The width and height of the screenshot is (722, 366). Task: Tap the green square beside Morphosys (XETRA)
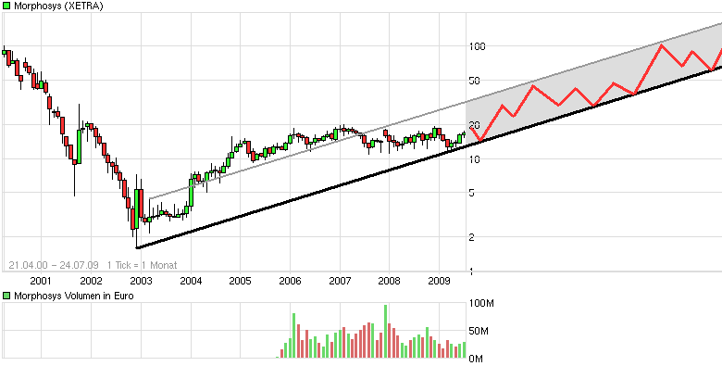click(6, 6)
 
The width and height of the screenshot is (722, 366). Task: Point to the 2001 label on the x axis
click(40, 280)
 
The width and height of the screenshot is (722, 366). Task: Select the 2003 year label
click(140, 280)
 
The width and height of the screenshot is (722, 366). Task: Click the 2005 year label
click(240, 280)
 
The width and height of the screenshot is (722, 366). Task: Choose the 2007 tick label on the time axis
click(340, 280)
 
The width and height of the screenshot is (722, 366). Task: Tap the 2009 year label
click(440, 280)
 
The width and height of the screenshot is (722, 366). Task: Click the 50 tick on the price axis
click(475, 81)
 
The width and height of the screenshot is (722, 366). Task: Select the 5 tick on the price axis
click(472, 193)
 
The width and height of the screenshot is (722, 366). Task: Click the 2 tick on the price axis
click(472, 237)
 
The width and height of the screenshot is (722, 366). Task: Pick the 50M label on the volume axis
click(480, 331)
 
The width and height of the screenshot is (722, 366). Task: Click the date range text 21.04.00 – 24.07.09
click(47, 265)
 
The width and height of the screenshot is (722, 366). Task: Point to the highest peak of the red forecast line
click(663, 45)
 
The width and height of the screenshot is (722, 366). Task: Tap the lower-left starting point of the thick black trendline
click(136, 247)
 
